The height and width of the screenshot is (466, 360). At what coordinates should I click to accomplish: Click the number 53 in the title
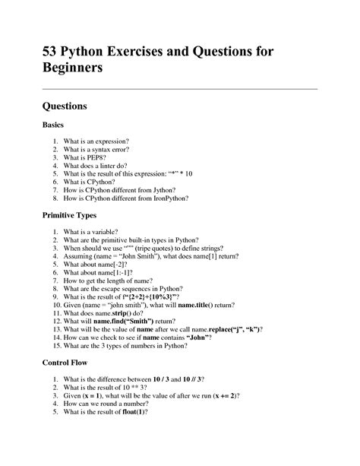tap(52, 53)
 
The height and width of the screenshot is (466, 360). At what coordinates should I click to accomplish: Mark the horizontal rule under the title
tap(179, 89)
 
